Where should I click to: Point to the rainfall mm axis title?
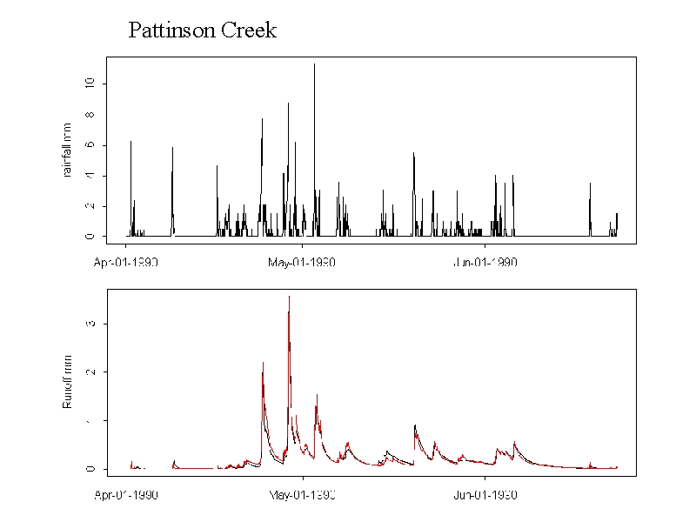tap(67, 151)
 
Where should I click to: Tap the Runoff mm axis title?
tap(67, 386)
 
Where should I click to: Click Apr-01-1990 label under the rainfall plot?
tap(126, 262)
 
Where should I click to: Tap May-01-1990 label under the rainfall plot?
tap(301, 262)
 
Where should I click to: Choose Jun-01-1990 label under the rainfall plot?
tap(485, 262)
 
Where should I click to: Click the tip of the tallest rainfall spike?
tap(314, 64)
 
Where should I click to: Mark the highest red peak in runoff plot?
tap(289, 297)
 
